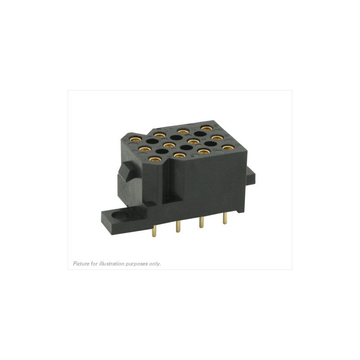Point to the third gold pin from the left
tap(201, 223)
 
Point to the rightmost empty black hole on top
tap(210, 144)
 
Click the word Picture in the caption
tap(81, 264)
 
